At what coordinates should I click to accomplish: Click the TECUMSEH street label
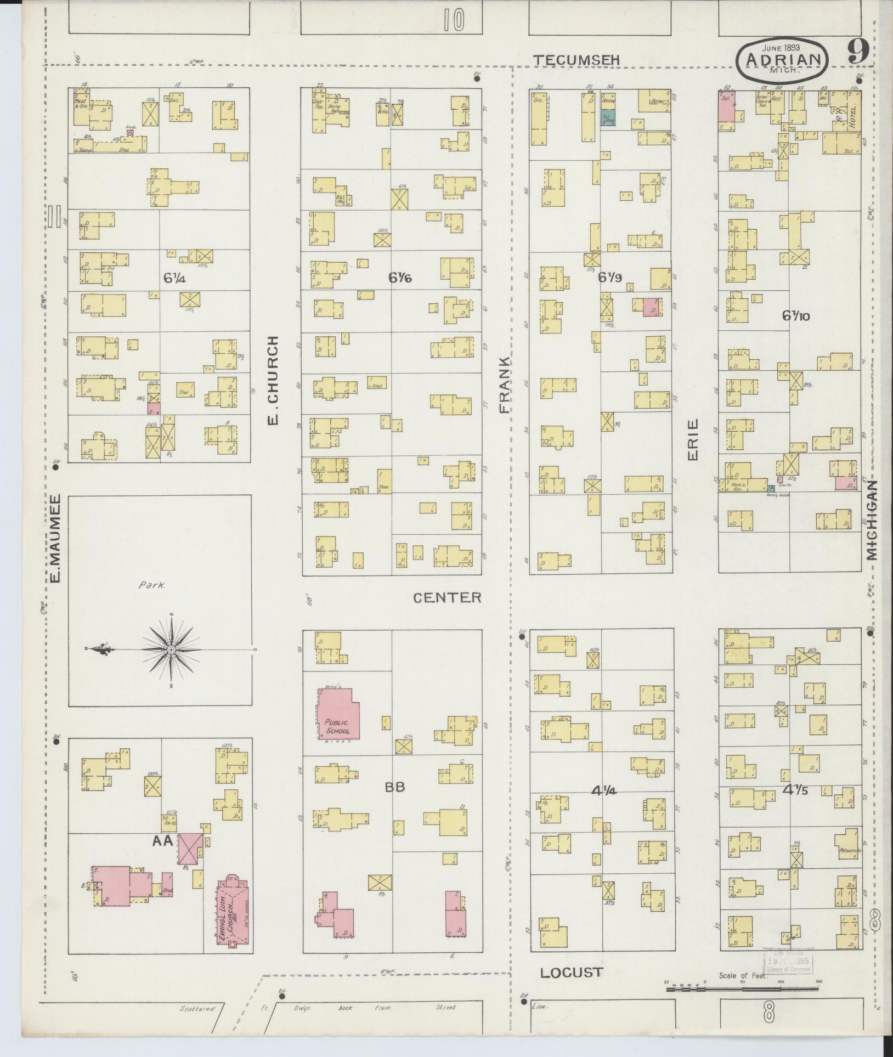[x=578, y=60]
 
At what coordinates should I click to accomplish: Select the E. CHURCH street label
[x=273, y=380]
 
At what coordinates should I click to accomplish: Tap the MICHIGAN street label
[x=872, y=520]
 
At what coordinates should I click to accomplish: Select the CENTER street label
[x=447, y=597]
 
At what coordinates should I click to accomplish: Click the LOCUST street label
[x=572, y=973]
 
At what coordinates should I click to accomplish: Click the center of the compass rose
[x=171, y=649]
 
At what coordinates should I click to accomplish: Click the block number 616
[x=400, y=279]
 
